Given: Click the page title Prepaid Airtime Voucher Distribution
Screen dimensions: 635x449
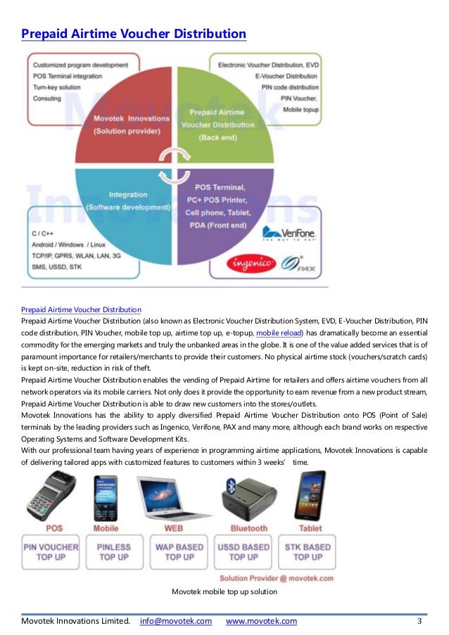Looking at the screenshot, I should [x=134, y=34].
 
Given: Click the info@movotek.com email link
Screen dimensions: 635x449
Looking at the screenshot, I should [x=176, y=621].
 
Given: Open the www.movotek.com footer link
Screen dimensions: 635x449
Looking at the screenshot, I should [x=261, y=621].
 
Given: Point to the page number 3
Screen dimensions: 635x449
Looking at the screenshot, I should [x=419, y=621].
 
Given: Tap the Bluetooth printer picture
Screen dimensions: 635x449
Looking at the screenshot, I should [x=247, y=496].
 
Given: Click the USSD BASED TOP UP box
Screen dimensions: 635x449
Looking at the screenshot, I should [x=244, y=551].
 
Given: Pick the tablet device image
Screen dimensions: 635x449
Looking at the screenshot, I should [x=310, y=496].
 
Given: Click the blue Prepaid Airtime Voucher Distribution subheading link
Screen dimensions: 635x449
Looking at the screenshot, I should [x=81, y=309].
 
